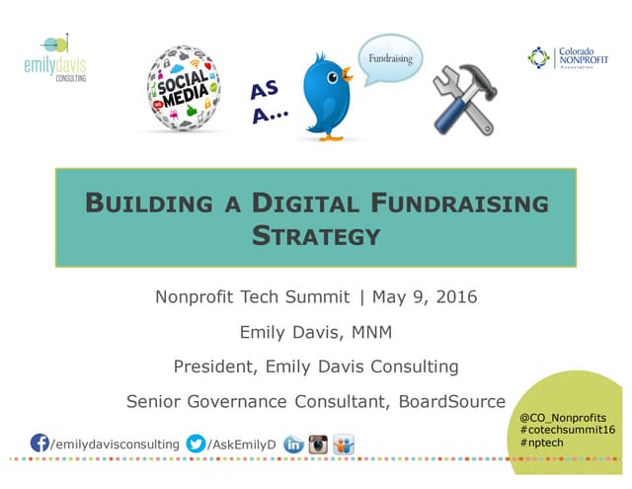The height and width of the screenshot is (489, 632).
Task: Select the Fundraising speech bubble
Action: pyautogui.click(x=391, y=60)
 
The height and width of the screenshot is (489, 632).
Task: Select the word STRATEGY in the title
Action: pyautogui.click(x=316, y=236)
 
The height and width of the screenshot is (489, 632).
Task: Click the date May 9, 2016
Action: pyautogui.click(x=424, y=297)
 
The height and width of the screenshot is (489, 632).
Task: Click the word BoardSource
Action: pyautogui.click(x=455, y=401)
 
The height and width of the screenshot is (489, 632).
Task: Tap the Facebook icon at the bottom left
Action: pyautogui.click(x=40, y=444)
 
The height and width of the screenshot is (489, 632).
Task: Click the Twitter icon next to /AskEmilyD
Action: pyautogui.click(x=197, y=444)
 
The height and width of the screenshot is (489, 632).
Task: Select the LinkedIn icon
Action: pyautogui.click(x=292, y=445)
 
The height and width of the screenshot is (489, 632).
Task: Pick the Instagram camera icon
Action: pyautogui.click(x=318, y=445)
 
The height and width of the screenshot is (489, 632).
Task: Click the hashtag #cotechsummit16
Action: pyautogui.click(x=567, y=431)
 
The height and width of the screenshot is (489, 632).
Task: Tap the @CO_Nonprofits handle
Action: pyautogui.click(x=562, y=418)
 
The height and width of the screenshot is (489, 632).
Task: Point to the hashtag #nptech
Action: pyautogui.click(x=543, y=444)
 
